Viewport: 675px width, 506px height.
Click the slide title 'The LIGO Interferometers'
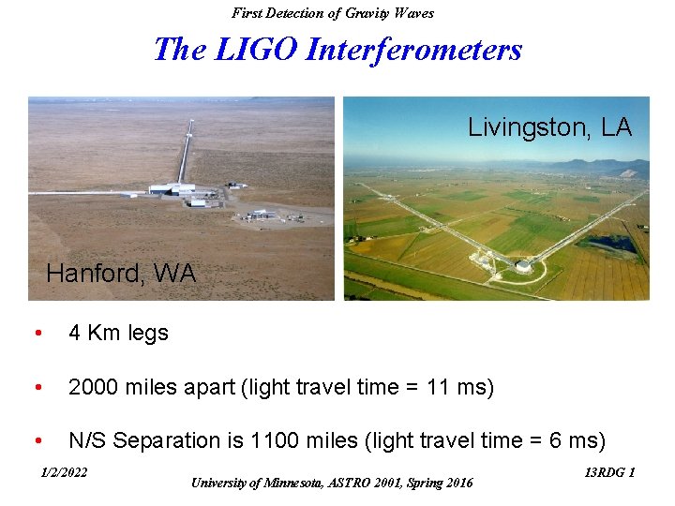coord(337,49)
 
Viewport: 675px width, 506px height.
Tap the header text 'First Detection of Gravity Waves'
coord(333,12)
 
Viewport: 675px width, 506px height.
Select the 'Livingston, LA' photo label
coord(549,127)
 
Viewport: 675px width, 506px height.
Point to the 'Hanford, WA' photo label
coord(121,274)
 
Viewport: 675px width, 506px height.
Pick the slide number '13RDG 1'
coord(609,472)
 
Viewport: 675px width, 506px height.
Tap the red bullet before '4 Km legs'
coord(36,334)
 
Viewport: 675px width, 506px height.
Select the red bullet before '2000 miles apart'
coord(36,388)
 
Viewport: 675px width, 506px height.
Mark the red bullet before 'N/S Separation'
coord(36,441)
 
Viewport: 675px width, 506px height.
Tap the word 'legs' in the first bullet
coord(146,334)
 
